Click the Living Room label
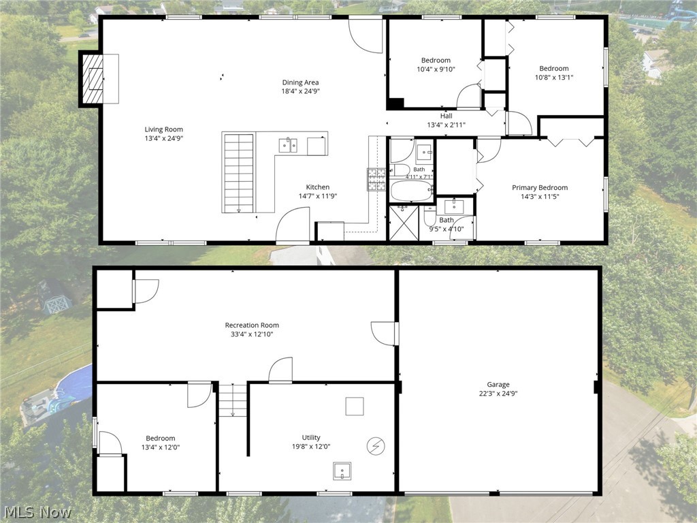[x=163, y=129]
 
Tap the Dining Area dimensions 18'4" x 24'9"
[x=300, y=91]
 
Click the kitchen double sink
[x=288, y=145]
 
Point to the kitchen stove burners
[x=376, y=180]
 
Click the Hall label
[x=447, y=116]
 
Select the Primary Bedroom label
[x=540, y=188]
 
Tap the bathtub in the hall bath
[x=412, y=191]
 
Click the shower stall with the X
[x=404, y=223]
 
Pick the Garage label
[x=498, y=385]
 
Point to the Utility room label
[x=311, y=438]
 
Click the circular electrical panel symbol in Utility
[x=376, y=445]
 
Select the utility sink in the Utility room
[x=342, y=471]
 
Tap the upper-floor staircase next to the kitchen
[x=239, y=172]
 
